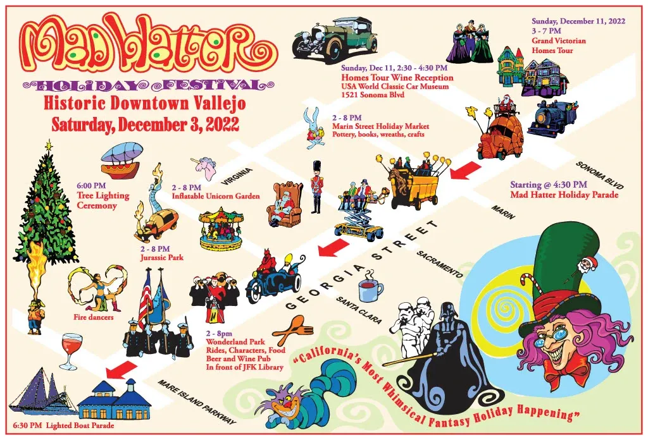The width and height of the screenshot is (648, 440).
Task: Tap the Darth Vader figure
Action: [449, 354]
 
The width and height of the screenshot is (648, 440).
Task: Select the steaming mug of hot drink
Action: [370, 289]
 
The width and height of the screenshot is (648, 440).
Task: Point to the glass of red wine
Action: [70, 350]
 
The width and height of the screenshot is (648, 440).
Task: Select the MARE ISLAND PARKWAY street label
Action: [197, 401]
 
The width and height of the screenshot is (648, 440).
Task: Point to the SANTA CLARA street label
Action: [359, 310]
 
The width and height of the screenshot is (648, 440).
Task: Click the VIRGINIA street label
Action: [238, 178]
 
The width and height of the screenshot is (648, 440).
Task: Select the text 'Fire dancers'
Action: [94, 317]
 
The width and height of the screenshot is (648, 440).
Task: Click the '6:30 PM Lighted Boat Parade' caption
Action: [63, 425]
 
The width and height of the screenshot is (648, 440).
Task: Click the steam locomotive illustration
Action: [551, 118]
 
